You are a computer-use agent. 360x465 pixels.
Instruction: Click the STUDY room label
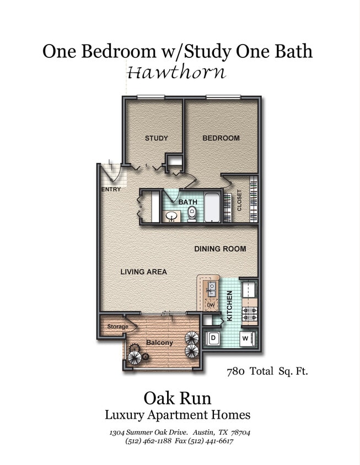[x=156, y=138]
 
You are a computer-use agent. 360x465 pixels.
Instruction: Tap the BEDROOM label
[x=221, y=138]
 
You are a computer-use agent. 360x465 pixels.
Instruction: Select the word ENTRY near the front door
[x=111, y=190]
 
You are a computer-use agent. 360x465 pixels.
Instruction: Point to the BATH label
[x=187, y=202]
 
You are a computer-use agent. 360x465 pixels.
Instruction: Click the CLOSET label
[x=239, y=201]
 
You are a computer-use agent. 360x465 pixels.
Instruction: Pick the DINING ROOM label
[x=220, y=249]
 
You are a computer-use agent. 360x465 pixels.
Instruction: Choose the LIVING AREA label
[x=143, y=272]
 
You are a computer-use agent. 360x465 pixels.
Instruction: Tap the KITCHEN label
[x=230, y=306]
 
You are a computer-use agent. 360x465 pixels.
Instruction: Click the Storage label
[x=117, y=327]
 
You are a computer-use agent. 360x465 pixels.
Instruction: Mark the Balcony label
[x=159, y=343]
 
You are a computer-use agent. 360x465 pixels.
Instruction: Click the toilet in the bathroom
[x=192, y=213]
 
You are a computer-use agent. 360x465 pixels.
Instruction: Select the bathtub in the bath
[x=212, y=208]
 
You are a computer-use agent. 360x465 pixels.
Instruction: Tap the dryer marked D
[x=213, y=338]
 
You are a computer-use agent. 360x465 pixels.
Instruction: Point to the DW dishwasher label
[x=211, y=305]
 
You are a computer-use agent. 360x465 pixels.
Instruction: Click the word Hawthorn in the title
[x=176, y=72]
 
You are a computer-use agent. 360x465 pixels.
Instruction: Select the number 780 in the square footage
[x=236, y=371]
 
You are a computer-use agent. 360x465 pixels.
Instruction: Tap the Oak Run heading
[x=177, y=397]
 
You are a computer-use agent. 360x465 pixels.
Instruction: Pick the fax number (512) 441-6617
[x=211, y=441]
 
